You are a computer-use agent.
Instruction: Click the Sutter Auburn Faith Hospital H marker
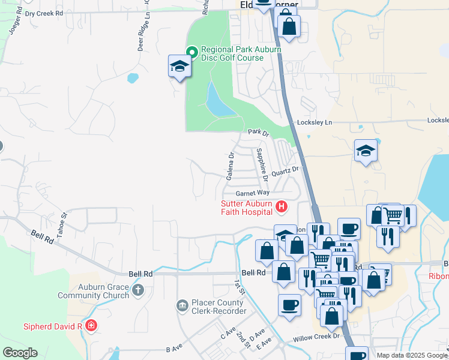tap(281, 208)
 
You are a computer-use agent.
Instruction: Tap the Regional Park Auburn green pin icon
tap(192, 52)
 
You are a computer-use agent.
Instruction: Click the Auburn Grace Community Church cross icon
tap(138, 290)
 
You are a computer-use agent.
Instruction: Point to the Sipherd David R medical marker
tap(91, 326)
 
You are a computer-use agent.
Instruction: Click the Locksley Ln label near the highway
tap(320, 122)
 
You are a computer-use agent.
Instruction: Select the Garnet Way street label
tap(253, 193)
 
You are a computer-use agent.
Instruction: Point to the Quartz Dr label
tap(285, 172)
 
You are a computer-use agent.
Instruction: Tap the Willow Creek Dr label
tap(316, 338)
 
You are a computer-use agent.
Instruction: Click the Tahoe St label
tap(62, 211)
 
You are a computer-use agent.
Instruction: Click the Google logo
tap(20, 353)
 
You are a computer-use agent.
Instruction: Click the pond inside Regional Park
tap(217, 100)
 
